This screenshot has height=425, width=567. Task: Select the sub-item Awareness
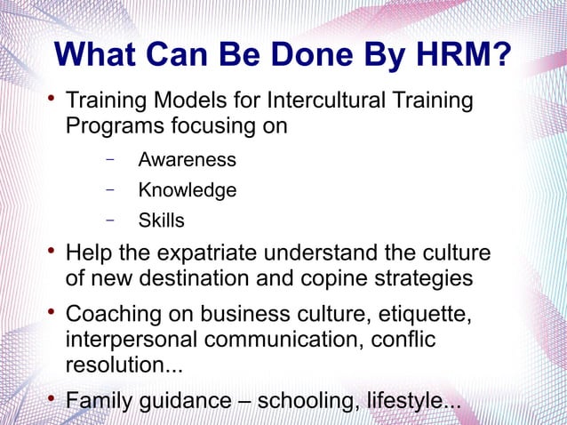[x=187, y=160]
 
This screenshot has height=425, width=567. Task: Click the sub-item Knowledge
[x=187, y=190]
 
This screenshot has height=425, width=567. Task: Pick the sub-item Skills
[x=161, y=220]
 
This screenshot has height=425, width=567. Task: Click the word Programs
[x=112, y=125]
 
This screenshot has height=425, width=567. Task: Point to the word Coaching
[x=116, y=316]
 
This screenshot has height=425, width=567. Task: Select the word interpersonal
[x=131, y=341]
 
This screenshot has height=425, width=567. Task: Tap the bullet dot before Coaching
[x=52, y=313]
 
